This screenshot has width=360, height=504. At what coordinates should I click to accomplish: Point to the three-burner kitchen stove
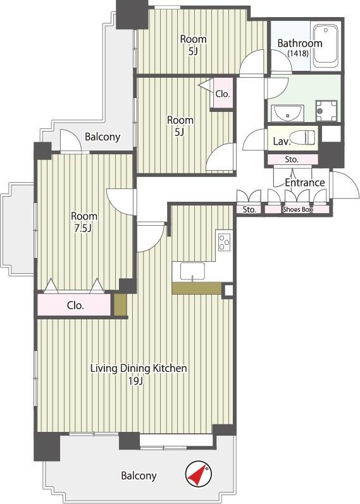[x=224, y=241]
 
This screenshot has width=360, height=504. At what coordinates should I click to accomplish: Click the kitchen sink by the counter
[x=191, y=271]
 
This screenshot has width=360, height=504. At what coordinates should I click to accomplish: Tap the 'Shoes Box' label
[x=297, y=210]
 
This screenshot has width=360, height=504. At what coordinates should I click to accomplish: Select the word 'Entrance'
[x=304, y=183]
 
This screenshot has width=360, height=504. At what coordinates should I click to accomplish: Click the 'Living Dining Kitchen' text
[x=138, y=368]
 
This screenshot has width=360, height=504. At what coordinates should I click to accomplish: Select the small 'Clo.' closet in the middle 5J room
[x=222, y=94]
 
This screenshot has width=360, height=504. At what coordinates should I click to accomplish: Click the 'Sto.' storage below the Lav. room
[x=292, y=159]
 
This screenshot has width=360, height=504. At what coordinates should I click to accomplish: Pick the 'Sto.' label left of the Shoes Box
[x=249, y=210]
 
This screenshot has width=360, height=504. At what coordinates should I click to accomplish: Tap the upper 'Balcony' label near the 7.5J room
[x=102, y=137]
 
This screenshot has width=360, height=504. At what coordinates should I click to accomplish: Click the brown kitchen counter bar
[x=196, y=288]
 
